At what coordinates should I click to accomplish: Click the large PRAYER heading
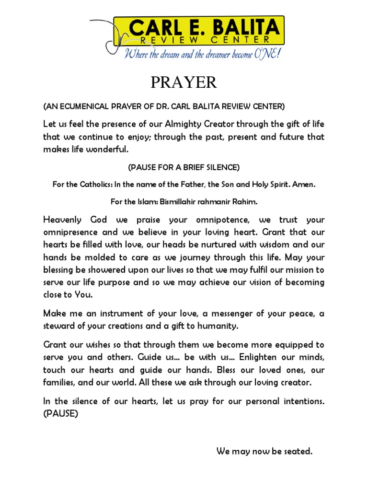coord(184,82)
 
